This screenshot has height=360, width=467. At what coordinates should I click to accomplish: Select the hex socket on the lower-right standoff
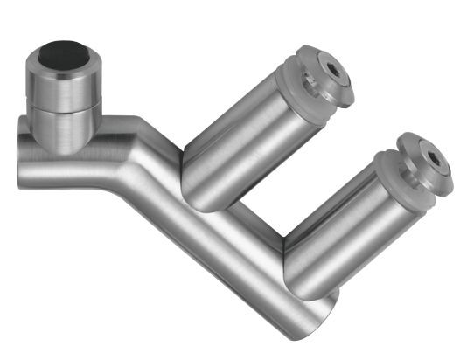coord(434,160)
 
